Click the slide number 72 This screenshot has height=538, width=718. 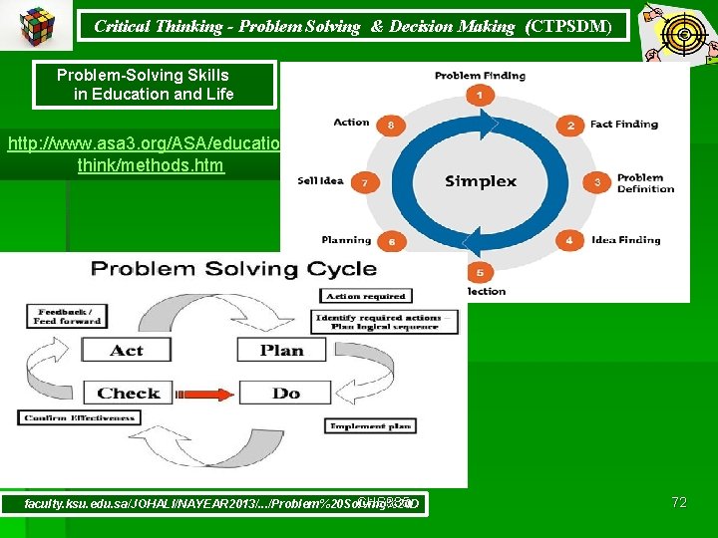click(678, 502)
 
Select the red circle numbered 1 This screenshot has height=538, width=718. click(481, 97)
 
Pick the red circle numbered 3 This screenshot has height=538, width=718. click(597, 182)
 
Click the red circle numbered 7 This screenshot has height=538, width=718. click(364, 182)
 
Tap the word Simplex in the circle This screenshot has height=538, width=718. click(481, 181)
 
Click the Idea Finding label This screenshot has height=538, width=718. click(626, 240)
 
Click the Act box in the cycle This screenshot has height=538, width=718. click(127, 350)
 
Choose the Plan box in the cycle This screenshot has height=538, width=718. click(282, 350)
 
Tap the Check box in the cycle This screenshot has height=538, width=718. click(128, 393)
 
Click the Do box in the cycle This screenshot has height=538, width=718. click(286, 393)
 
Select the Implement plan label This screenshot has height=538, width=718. click(370, 425)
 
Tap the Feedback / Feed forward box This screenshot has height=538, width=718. click(65, 317)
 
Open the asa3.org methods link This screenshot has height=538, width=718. click(150, 154)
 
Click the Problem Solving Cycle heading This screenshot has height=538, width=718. click(233, 269)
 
